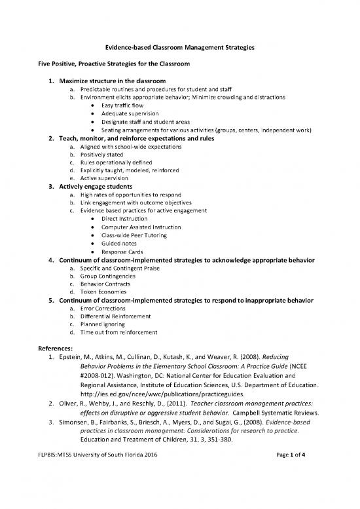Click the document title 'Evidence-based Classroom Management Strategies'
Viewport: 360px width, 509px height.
click(180, 48)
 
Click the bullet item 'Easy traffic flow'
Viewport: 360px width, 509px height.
click(125, 105)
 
